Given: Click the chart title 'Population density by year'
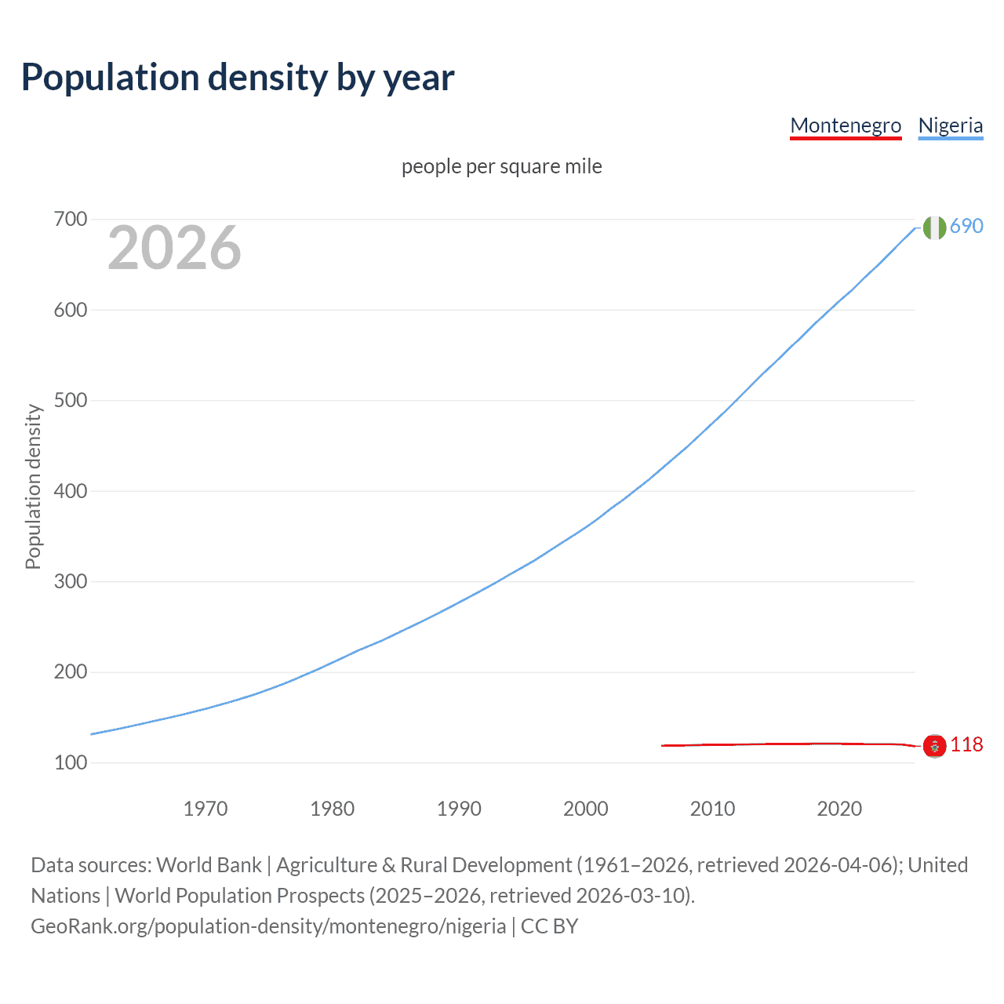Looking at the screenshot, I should [x=238, y=78].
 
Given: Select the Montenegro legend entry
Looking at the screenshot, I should [x=846, y=125].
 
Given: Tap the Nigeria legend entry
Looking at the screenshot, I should [x=950, y=125].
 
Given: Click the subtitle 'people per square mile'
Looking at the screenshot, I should [x=501, y=166].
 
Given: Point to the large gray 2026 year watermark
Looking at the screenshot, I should [x=174, y=248].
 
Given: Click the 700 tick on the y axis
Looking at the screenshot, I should [x=70, y=219].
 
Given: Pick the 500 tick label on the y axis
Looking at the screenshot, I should [x=70, y=400].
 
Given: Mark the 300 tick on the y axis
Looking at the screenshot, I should [x=70, y=581].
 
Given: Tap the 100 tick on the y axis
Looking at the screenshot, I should [x=70, y=762].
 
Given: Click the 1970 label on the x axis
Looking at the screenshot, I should [x=206, y=809].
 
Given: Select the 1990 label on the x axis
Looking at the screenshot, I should [x=459, y=809].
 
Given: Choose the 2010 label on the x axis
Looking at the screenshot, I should [x=712, y=809].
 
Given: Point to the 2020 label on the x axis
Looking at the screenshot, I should [x=839, y=809].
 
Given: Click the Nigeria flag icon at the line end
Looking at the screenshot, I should [x=934, y=227].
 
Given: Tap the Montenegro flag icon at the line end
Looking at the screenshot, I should [x=934, y=745].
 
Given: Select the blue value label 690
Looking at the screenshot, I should [x=966, y=226].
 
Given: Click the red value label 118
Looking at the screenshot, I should [x=966, y=744].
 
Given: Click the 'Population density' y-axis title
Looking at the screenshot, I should [x=33, y=486].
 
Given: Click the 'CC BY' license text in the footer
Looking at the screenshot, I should [x=549, y=926].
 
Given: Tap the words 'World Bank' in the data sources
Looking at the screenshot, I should [x=209, y=865].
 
